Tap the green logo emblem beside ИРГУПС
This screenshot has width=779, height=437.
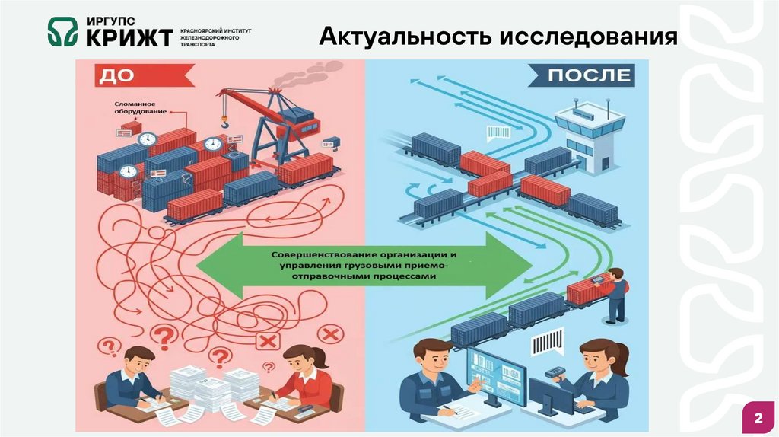(62, 32)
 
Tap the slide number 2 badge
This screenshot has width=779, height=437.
(758, 419)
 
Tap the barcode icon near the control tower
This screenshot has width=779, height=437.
(499, 132)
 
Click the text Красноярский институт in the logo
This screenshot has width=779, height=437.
(215, 30)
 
